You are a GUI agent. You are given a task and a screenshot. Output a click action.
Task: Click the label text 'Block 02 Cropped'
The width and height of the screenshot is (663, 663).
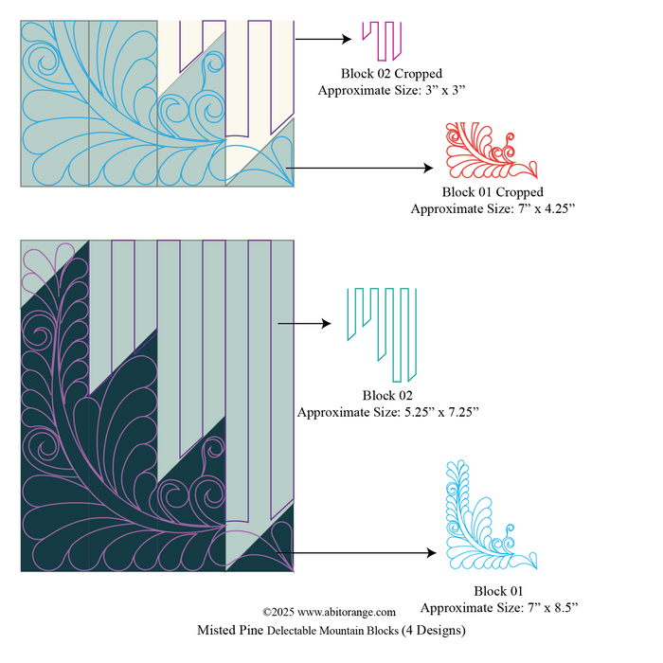(x=391, y=74)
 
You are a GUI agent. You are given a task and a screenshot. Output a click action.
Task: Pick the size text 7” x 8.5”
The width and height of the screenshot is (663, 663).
(x=544, y=607)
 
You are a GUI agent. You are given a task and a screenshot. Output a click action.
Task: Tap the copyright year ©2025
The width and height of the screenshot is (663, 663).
(x=279, y=613)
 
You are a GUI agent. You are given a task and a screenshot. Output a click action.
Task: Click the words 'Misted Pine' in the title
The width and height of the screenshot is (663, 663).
(x=229, y=630)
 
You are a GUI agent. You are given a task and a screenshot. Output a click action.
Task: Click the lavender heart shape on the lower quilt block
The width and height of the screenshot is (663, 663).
(x=45, y=263)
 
